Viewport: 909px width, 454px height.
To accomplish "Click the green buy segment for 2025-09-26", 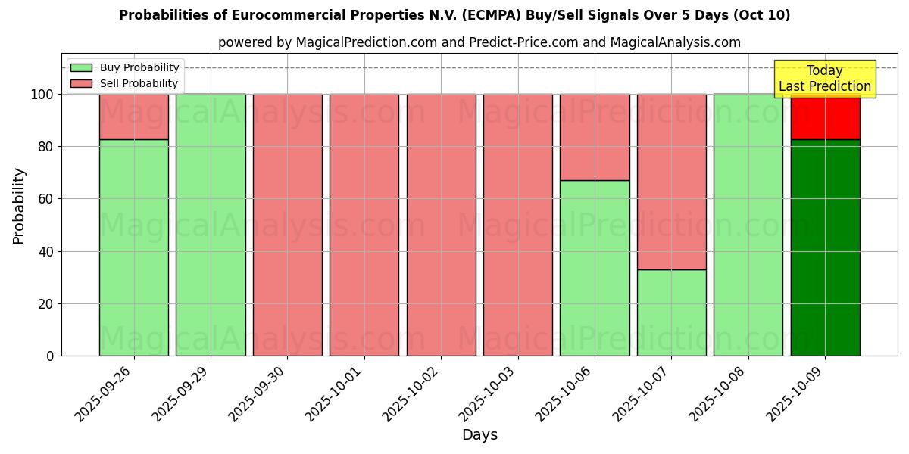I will point(134,247).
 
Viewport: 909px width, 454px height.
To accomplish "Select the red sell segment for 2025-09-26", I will point(134,117).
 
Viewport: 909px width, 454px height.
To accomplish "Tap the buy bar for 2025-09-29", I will point(211,225).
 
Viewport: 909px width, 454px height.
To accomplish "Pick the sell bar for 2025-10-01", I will point(364,225).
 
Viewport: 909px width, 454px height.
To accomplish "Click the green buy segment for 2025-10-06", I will point(595,268).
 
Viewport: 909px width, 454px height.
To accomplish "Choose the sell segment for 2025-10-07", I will point(672,182).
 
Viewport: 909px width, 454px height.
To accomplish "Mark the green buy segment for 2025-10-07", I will point(672,313).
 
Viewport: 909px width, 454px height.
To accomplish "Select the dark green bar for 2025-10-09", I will point(826,247).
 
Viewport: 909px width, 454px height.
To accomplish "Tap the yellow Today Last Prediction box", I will point(825,79).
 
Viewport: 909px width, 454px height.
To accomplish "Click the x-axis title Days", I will point(479,435).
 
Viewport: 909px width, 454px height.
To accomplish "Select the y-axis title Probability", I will point(19,206).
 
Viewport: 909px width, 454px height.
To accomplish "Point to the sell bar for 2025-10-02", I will point(442,225).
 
